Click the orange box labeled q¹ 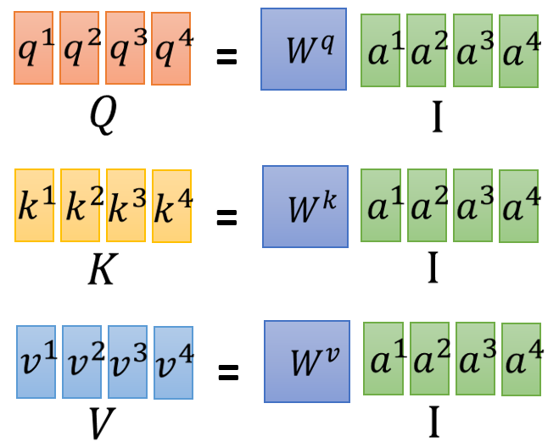click(x=33, y=47)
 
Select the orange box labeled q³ click(x=125, y=47)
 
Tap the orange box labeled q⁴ click(x=170, y=49)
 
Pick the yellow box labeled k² click(x=80, y=206)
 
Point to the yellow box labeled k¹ click(x=34, y=205)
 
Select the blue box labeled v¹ click(x=36, y=362)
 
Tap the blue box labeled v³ click(x=127, y=362)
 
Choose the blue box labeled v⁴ click(x=173, y=363)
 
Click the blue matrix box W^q click(x=304, y=49)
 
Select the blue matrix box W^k click(x=305, y=207)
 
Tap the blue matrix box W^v click(x=306, y=362)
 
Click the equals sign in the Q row click(x=226, y=58)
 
